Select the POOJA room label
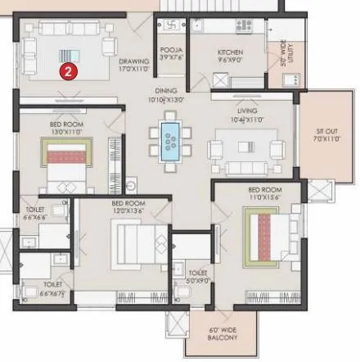[x=171, y=54]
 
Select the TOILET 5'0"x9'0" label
[x=197, y=276]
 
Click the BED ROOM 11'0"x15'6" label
[x=265, y=193]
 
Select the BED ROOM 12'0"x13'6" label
[x=128, y=206]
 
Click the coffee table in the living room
[x=247, y=148]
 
